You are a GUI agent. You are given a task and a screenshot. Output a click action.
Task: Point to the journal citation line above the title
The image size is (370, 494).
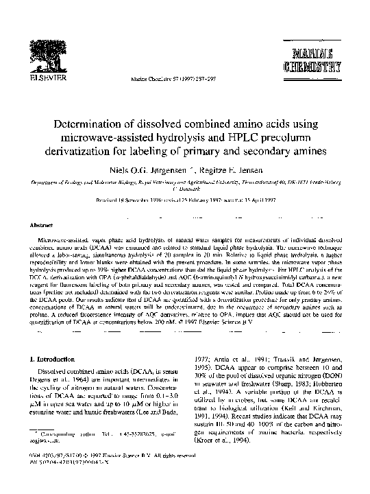point(165,80)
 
